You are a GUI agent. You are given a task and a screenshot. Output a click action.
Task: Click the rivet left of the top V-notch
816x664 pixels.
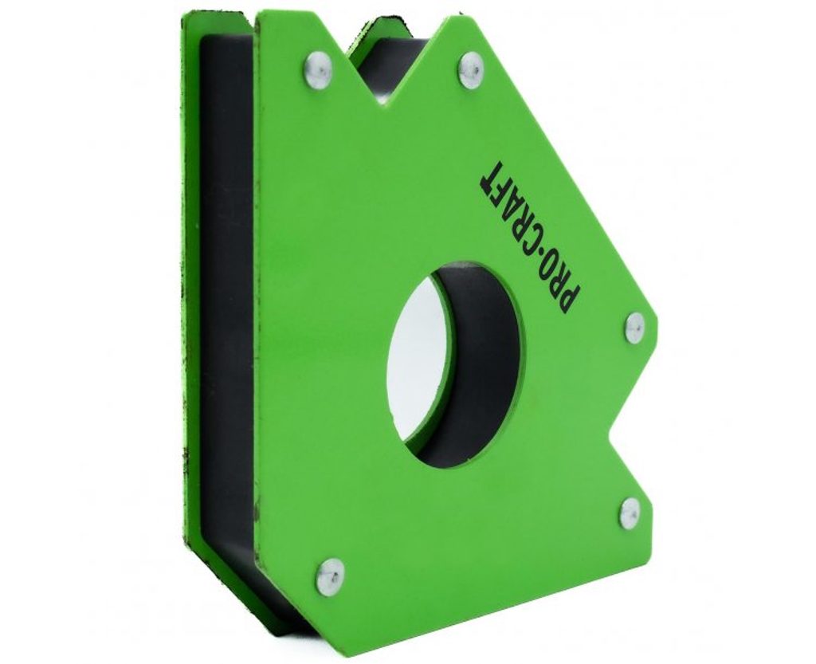[318, 69]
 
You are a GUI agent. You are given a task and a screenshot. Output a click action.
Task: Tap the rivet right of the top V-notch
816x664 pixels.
[472, 69]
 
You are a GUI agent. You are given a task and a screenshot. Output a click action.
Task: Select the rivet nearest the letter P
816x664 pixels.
[634, 328]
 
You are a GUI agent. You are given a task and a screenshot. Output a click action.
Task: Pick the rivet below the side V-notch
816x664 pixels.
[630, 513]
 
